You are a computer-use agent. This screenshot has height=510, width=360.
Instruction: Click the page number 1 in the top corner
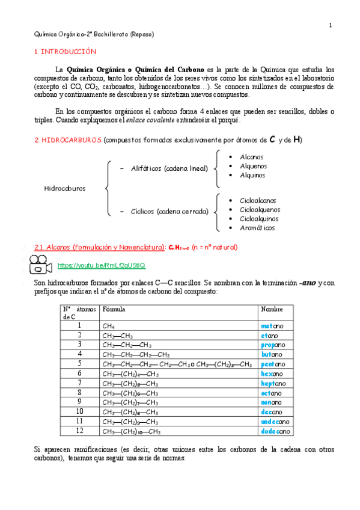tap(330, 25)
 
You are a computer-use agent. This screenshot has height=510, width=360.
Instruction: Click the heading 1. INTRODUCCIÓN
tap(65, 52)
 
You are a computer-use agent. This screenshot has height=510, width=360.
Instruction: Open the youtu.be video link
tap(101, 265)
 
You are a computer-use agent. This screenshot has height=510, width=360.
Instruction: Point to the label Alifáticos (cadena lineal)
tap(169, 168)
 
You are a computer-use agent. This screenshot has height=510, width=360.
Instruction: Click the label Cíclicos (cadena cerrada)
tap(169, 211)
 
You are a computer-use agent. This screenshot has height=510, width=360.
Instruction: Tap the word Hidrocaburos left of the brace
tap(65, 188)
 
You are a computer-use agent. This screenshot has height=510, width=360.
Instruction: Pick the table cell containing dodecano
tap(276, 431)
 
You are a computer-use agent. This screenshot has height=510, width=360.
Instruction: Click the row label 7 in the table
tap(79, 383)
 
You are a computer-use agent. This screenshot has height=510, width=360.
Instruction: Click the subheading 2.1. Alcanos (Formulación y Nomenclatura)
tap(100, 247)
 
